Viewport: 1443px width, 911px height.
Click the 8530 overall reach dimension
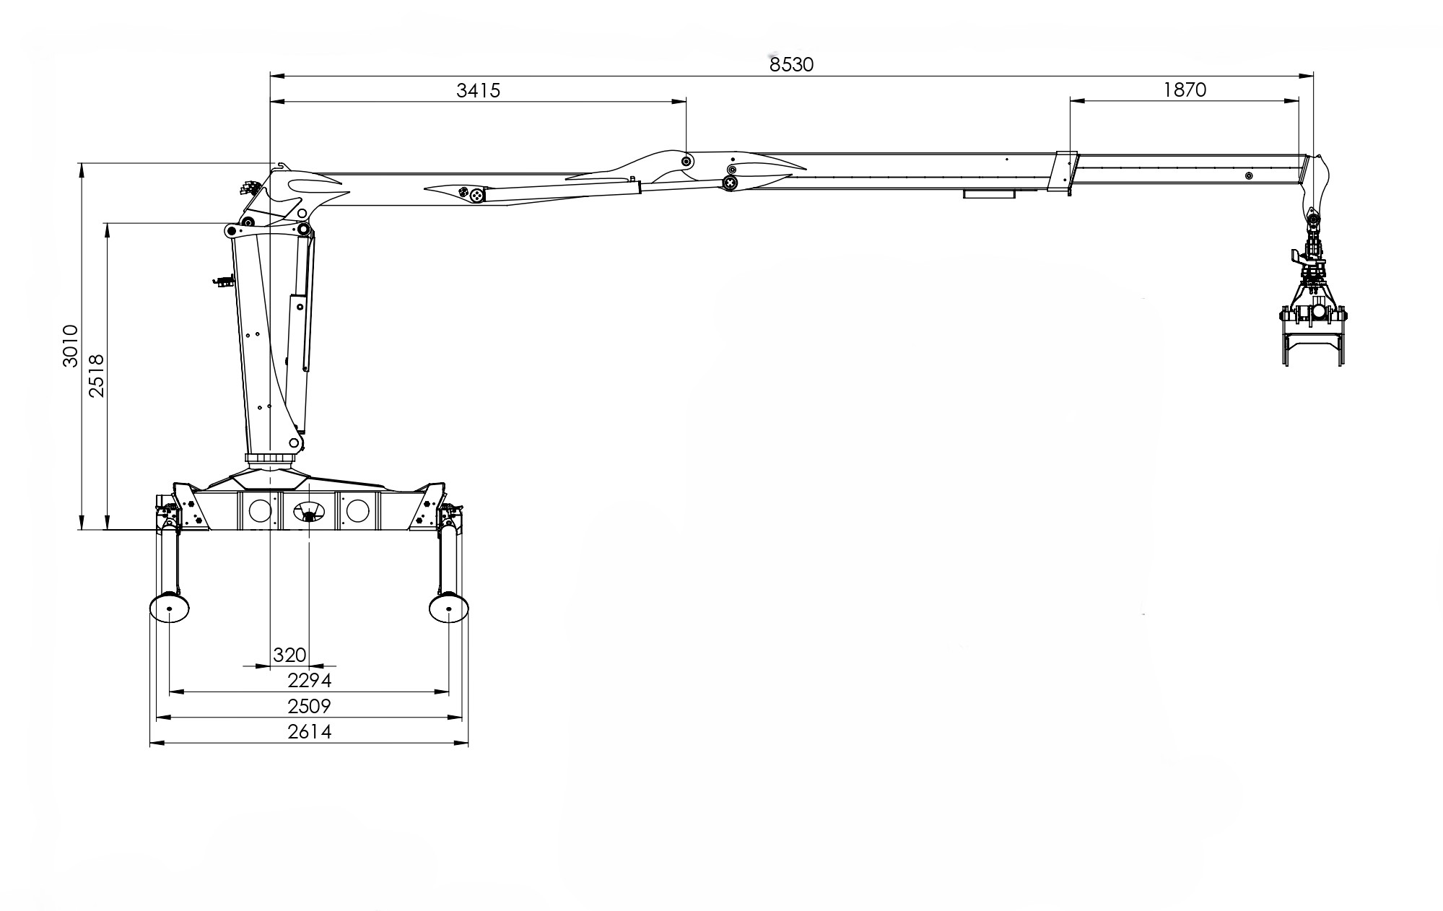[791, 65]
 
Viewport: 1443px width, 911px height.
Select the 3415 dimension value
[478, 90]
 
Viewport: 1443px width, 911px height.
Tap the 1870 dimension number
[1185, 90]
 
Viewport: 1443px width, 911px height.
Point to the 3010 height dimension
[70, 346]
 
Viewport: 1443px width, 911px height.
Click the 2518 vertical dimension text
[96, 375]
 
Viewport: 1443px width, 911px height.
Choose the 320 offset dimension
[290, 655]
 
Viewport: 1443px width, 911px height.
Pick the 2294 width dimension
[309, 680]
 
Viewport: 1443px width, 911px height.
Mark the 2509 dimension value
[309, 705]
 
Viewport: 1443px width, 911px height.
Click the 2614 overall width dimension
[309, 731]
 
